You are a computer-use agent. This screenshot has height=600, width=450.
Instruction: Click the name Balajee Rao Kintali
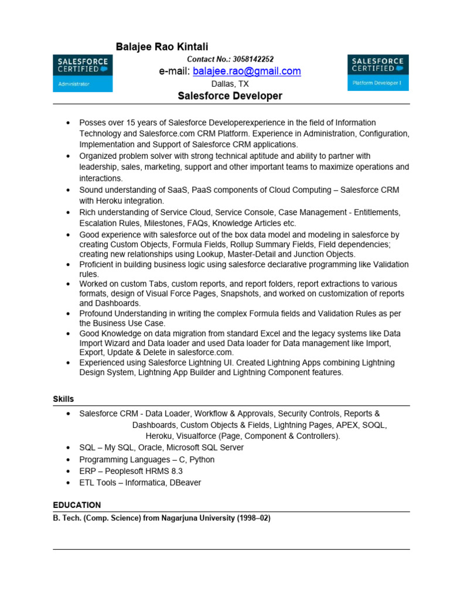click(x=162, y=46)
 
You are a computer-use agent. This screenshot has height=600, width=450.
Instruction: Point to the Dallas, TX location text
click(x=230, y=84)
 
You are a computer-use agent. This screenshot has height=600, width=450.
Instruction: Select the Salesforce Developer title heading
click(x=230, y=96)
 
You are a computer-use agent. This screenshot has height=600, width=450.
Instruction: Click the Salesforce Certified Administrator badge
click(x=83, y=73)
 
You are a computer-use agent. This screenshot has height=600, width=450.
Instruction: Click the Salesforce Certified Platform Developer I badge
click(x=378, y=73)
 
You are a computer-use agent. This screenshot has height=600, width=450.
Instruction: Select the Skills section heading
click(x=63, y=399)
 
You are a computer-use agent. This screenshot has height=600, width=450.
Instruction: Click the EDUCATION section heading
click(x=77, y=504)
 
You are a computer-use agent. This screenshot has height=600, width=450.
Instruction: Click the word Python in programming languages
click(x=202, y=459)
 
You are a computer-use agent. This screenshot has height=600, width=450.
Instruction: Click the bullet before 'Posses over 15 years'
click(x=68, y=122)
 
